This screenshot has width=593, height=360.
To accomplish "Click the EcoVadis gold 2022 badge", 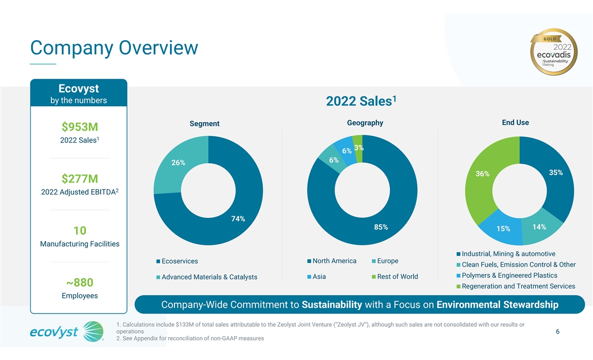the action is [554, 52].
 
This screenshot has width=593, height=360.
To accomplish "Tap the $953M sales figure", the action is [80, 127].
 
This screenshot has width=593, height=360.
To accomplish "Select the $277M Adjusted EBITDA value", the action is [80, 179].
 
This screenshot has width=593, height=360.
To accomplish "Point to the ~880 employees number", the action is [80, 282].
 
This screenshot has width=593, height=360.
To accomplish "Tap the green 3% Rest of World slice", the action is [358, 148].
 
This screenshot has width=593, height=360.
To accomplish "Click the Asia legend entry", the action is [317, 276].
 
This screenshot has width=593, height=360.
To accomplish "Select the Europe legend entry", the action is [385, 261].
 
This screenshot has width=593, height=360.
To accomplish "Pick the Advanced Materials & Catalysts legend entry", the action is [207, 277].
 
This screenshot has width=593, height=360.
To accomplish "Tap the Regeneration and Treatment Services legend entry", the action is [516, 286].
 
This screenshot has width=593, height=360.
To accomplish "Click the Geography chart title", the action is [365, 123].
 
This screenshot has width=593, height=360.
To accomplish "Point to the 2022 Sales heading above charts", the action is [361, 101].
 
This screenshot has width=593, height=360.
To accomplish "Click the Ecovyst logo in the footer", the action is [67, 331].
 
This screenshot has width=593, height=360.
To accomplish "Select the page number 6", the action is [557, 332].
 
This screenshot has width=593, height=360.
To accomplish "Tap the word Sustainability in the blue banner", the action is [332, 305].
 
